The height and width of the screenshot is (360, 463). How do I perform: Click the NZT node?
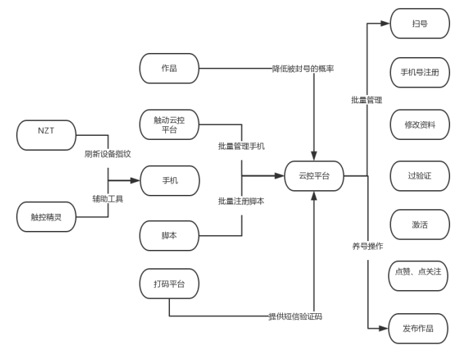(x=46, y=135)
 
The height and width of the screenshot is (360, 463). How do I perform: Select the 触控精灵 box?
(x=46, y=217)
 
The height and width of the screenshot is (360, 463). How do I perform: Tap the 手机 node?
(x=170, y=181)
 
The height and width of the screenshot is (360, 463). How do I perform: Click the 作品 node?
(x=169, y=69)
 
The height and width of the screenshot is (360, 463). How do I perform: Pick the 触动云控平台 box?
(x=169, y=124)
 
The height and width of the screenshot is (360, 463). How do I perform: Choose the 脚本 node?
(x=169, y=236)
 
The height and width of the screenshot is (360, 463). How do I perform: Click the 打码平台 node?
(x=169, y=283)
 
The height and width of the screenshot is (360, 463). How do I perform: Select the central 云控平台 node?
(x=314, y=176)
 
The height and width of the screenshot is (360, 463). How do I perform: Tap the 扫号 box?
(x=420, y=24)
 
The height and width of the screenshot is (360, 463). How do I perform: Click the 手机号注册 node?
(x=420, y=73)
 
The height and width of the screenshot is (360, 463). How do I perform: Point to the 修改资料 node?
(x=420, y=124)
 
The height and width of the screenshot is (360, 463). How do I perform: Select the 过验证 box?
(x=420, y=176)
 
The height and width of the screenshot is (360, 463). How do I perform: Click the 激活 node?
(x=420, y=225)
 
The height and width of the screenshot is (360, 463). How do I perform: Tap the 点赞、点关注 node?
(x=418, y=276)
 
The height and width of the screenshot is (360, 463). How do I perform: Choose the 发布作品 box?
(x=418, y=329)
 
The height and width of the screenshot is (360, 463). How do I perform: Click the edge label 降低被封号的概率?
(x=303, y=69)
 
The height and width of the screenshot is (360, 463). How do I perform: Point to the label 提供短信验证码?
(x=295, y=317)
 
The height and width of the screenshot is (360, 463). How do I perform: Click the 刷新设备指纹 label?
(x=108, y=154)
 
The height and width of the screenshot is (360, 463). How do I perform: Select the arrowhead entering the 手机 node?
(x=135, y=180)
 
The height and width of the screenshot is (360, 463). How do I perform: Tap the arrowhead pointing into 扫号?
(x=385, y=23)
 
